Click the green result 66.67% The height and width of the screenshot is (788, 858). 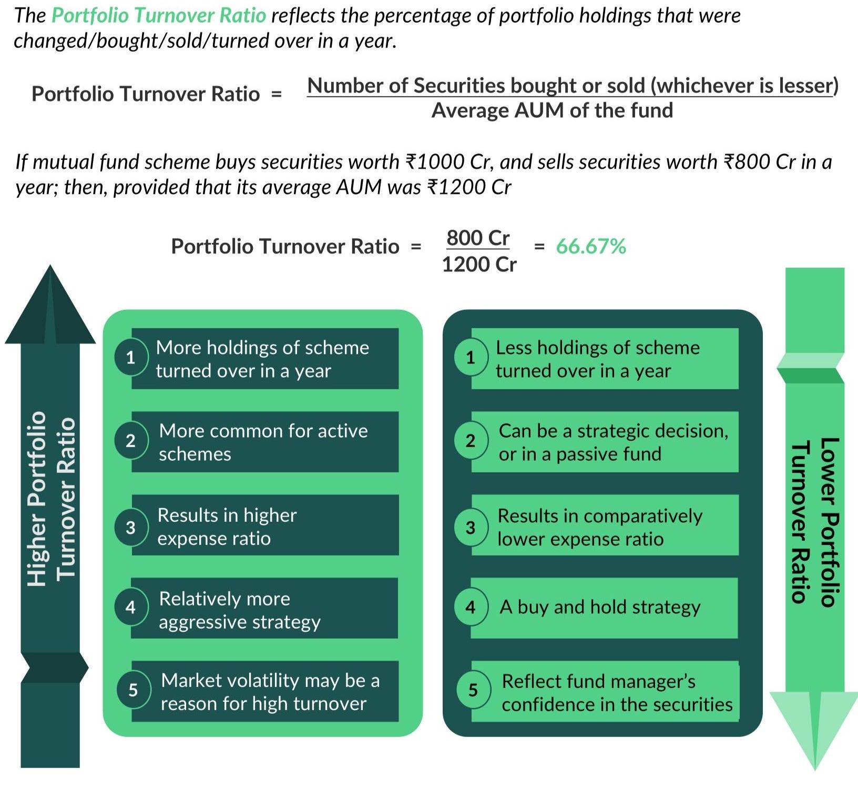coord(591,246)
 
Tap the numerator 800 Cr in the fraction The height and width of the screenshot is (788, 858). coord(478,238)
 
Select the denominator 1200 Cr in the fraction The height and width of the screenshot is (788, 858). coord(479,264)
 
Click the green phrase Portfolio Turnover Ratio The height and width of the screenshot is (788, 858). coord(159,15)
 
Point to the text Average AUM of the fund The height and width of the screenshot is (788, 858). coord(552,110)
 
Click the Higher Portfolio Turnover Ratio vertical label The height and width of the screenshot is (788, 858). coord(52,498)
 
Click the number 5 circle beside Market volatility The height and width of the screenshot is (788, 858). coord(133,690)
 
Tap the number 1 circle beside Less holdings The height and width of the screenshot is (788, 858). coord(471,358)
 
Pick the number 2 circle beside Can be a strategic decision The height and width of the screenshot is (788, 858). coord(471,440)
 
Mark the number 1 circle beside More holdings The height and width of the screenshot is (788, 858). coord(130,358)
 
